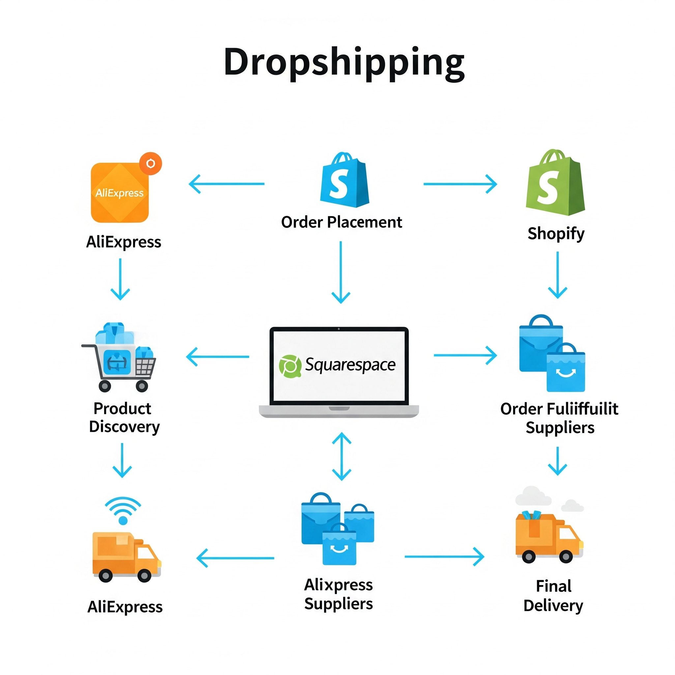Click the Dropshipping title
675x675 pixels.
point(344,62)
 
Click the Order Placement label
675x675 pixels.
point(341,222)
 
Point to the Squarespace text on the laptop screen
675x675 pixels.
point(350,365)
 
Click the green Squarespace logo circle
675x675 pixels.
point(290,366)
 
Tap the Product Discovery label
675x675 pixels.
point(124,418)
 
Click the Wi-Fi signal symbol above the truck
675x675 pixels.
point(123,510)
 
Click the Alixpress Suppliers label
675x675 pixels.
point(338,594)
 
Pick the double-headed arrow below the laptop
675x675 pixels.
point(341,456)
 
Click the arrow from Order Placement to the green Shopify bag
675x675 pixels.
point(460,184)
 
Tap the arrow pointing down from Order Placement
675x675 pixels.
point(341,272)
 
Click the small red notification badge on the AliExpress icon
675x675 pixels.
point(151,163)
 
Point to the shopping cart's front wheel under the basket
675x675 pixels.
point(141,386)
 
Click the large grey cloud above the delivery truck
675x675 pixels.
point(533,496)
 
